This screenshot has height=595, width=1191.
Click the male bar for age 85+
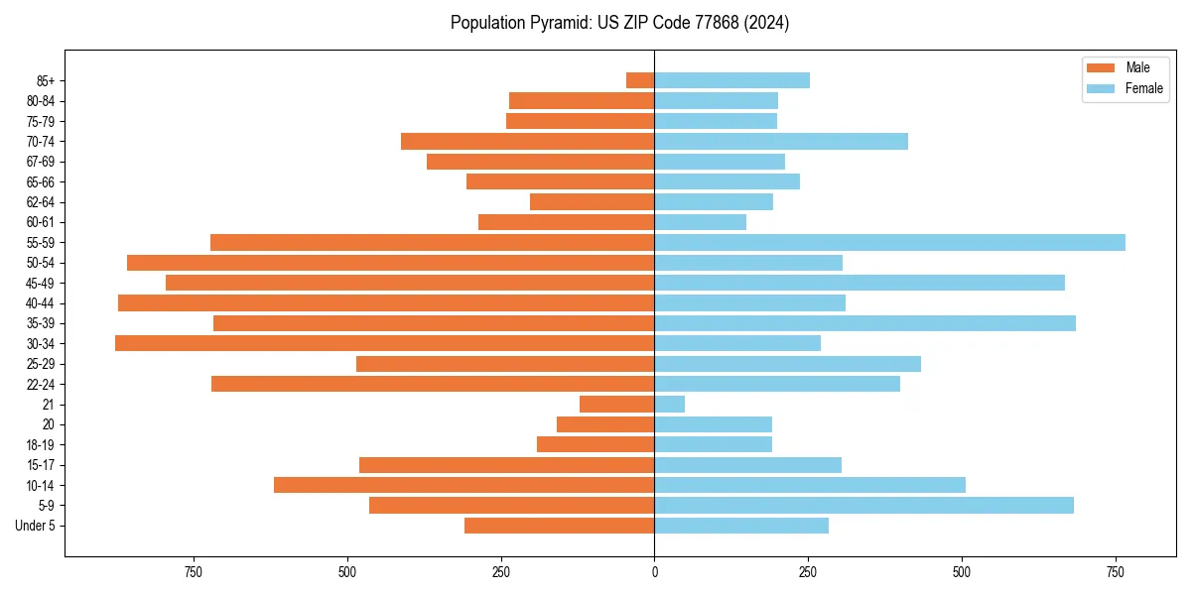[640, 80]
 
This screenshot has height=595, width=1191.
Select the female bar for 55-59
[889, 242]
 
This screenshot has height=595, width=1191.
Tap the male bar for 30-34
[384, 343]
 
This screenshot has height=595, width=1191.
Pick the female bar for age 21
[670, 404]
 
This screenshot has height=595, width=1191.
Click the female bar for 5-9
[863, 505]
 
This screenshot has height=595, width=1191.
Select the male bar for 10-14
[463, 485]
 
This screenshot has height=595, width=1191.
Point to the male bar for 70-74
[527, 141]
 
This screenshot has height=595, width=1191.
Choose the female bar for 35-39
[864, 323]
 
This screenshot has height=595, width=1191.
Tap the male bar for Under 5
[559, 526]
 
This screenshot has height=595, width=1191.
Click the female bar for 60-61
[700, 222]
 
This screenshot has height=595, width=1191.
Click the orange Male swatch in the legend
[1101, 67]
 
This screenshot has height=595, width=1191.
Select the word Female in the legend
[1143, 88]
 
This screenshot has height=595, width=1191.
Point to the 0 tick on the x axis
[654, 573]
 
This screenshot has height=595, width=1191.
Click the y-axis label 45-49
[41, 283]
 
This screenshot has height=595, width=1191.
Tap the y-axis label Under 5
[35, 526]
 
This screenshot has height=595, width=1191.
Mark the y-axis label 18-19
[41, 444]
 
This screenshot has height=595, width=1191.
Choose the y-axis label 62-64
[41, 201]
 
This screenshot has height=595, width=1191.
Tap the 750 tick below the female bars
[1116, 573]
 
